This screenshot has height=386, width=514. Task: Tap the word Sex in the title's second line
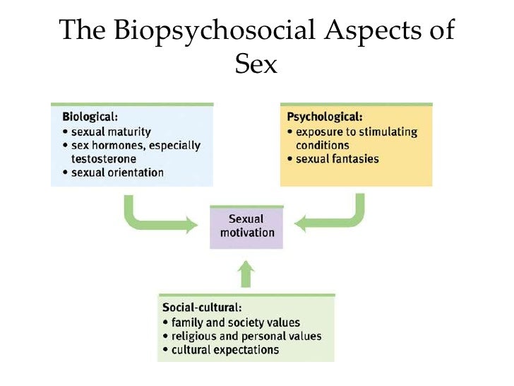[x=256, y=64]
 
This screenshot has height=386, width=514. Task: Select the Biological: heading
[x=90, y=116]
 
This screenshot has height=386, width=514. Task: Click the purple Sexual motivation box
[x=246, y=226]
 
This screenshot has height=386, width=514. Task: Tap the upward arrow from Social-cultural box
[x=246, y=274]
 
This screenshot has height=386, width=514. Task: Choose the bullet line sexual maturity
[x=111, y=131]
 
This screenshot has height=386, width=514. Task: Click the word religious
[x=197, y=336]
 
